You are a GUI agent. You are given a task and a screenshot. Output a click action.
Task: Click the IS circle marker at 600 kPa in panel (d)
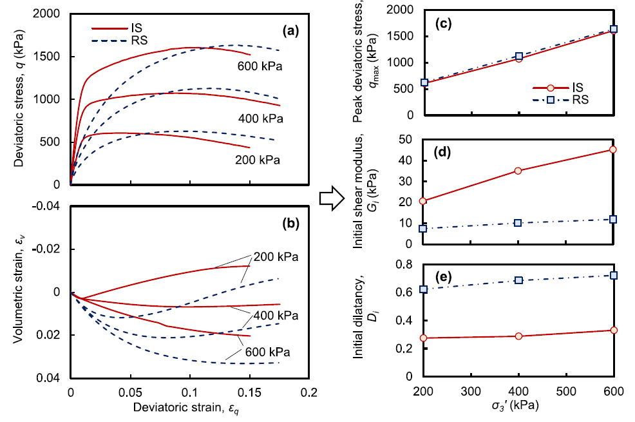[613, 149]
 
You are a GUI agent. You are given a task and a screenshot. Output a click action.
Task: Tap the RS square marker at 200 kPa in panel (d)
[424, 229]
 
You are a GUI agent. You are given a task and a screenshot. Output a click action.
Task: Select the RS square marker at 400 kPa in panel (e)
[518, 280]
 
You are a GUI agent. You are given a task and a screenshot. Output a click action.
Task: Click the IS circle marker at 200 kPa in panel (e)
[424, 338]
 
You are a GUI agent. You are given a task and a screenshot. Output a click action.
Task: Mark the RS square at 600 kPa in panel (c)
[613, 29]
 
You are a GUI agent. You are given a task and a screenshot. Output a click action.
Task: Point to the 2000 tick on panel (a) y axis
[50, 14]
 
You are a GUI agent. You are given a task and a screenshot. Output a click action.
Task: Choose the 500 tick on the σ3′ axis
[565, 390]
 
